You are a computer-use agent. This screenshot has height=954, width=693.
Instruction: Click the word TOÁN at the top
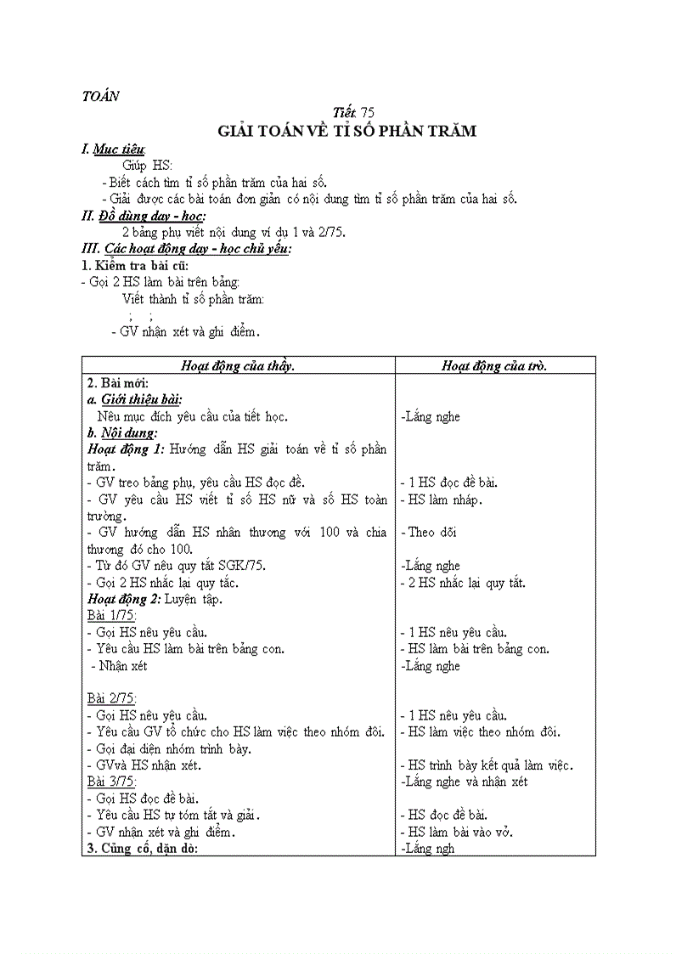[99, 96]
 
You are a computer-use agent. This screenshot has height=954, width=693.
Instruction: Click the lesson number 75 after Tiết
[367, 113]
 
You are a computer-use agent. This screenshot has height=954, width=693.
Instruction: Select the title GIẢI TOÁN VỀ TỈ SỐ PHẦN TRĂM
[346, 131]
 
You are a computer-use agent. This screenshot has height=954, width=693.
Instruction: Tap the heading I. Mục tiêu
[113, 150]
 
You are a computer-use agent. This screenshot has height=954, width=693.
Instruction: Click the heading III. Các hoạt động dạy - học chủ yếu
[186, 249]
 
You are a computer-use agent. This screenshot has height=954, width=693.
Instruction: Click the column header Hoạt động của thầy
[238, 365]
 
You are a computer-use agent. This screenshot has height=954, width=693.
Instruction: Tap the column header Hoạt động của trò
[494, 365]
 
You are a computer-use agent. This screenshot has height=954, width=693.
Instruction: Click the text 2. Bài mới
[117, 382]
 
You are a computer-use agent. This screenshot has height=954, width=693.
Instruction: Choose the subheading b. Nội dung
[122, 432]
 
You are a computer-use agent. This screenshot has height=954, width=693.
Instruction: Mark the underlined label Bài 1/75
[111, 615]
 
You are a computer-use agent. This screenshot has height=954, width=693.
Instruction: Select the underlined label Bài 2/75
[111, 698]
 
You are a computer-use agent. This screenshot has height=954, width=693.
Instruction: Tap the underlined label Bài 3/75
[111, 782]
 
